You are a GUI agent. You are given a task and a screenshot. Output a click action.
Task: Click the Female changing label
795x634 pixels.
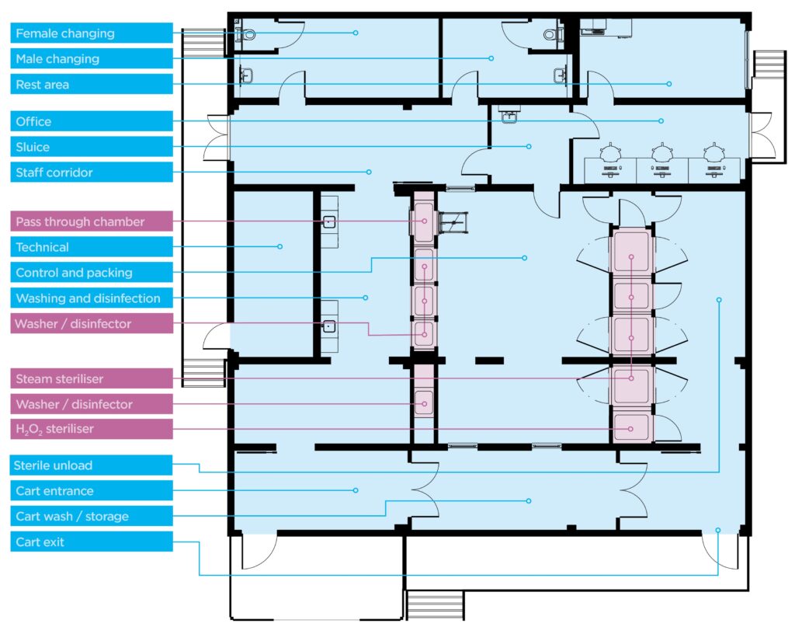pyautogui.click(x=92, y=33)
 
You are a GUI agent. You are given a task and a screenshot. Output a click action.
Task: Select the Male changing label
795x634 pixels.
pyautogui.click(x=92, y=58)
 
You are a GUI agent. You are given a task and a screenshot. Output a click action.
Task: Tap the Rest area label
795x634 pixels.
pyautogui.click(x=92, y=84)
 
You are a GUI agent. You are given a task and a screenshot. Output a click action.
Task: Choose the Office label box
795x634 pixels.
pyautogui.click(x=92, y=121)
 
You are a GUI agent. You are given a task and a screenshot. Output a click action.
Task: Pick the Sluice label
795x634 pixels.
pyautogui.click(x=92, y=147)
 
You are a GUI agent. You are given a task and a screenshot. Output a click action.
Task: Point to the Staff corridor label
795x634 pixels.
pyautogui.click(x=92, y=172)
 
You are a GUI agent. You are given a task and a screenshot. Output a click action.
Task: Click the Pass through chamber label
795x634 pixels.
pyautogui.click(x=92, y=221)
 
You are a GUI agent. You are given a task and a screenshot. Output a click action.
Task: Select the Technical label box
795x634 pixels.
pyautogui.click(x=92, y=247)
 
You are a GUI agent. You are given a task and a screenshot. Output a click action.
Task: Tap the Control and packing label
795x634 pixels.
pyautogui.click(x=92, y=273)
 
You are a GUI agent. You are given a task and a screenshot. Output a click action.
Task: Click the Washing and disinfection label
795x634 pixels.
pyautogui.click(x=92, y=298)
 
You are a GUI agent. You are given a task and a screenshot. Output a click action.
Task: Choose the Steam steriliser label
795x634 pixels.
pyautogui.click(x=92, y=378)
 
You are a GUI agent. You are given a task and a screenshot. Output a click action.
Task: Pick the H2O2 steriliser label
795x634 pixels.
pyautogui.click(x=92, y=429)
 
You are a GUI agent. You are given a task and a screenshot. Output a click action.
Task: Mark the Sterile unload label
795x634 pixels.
pyautogui.click(x=92, y=465)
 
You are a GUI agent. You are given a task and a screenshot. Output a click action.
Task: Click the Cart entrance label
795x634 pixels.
pyautogui.click(x=92, y=490)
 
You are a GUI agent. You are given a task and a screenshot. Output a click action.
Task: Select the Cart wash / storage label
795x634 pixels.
pyautogui.click(x=92, y=516)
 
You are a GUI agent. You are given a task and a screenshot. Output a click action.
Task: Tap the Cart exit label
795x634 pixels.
pyautogui.click(x=92, y=542)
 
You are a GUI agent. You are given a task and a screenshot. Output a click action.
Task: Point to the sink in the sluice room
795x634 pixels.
pyautogui.click(x=508, y=116)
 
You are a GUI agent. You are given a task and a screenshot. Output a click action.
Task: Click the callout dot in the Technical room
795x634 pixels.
pyautogui.click(x=279, y=246)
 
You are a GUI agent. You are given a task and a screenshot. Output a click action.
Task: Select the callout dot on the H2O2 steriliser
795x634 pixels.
pyautogui.click(x=630, y=429)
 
